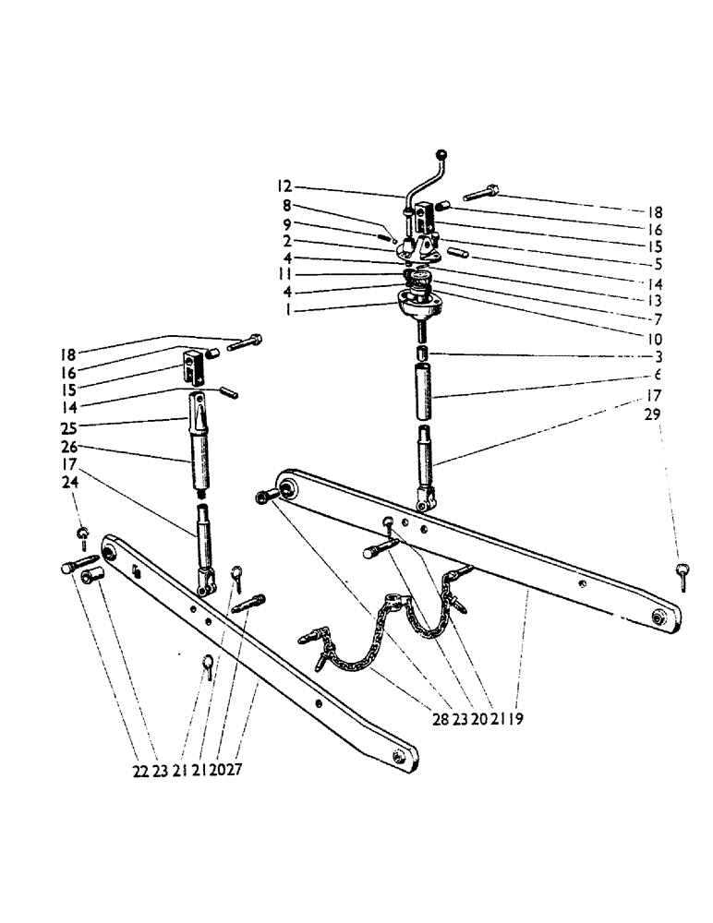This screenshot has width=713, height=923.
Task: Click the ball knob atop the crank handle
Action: (x=442, y=155)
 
